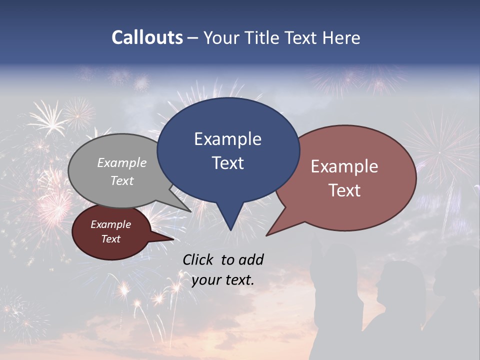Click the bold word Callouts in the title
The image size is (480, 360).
(147, 37)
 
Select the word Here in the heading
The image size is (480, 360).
(341, 37)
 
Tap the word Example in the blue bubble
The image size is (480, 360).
(227, 139)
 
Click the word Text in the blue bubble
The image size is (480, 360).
(227, 163)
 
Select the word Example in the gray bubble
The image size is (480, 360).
(122, 162)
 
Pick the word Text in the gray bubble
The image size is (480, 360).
(122, 180)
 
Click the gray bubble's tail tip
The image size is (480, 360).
(191, 211)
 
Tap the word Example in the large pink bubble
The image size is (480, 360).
(344, 166)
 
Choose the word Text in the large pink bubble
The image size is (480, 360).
(344, 190)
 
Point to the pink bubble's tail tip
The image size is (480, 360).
(267, 235)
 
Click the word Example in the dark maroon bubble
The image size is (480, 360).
(110, 224)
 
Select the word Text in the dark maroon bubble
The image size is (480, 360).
(110, 239)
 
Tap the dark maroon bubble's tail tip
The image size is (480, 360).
(173, 239)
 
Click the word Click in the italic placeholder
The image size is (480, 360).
(198, 259)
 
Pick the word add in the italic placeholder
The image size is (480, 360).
(251, 259)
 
